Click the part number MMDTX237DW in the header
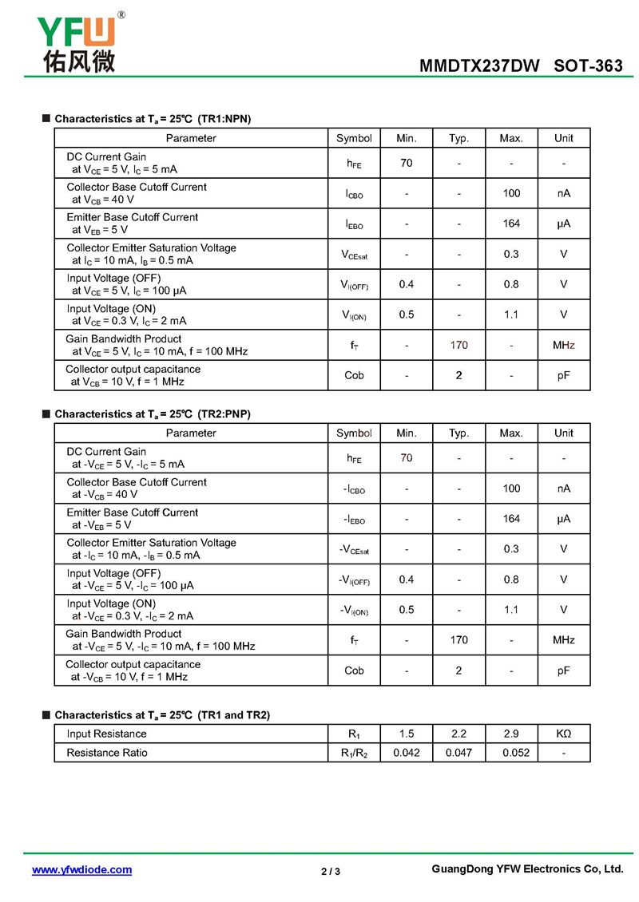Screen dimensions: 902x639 pyautogui.click(x=479, y=66)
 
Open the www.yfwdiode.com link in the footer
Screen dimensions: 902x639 pyautogui.click(x=81, y=869)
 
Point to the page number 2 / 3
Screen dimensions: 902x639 pyautogui.click(x=331, y=871)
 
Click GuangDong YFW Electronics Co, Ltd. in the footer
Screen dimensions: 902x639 pyautogui.click(x=526, y=868)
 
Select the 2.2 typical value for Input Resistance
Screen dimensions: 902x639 pyautogui.click(x=458, y=734)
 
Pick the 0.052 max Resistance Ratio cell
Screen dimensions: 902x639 pyautogui.click(x=511, y=753)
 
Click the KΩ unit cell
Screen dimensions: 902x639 pyautogui.click(x=564, y=734)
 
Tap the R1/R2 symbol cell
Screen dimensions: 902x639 pyautogui.click(x=354, y=753)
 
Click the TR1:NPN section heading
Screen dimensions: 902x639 pyautogui.click(x=153, y=119)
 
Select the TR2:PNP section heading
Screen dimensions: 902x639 pyautogui.click(x=153, y=414)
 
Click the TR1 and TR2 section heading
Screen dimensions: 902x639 pyautogui.click(x=162, y=715)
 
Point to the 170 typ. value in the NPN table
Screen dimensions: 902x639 pyautogui.click(x=458, y=345)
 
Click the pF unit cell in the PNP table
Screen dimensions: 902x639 pyautogui.click(x=564, y=671)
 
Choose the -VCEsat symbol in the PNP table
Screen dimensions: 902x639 pyautogui.click(x=354, y=549)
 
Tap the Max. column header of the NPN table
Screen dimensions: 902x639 pyautogui.click(x=511, y=138)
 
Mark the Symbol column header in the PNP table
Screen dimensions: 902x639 pyautogui.click(x=354, y=433)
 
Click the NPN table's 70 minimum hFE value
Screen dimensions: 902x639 pyautogui.click(x=407, y=163)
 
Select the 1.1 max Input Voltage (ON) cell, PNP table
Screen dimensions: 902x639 pyautogui.click(x=511, y=610)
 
